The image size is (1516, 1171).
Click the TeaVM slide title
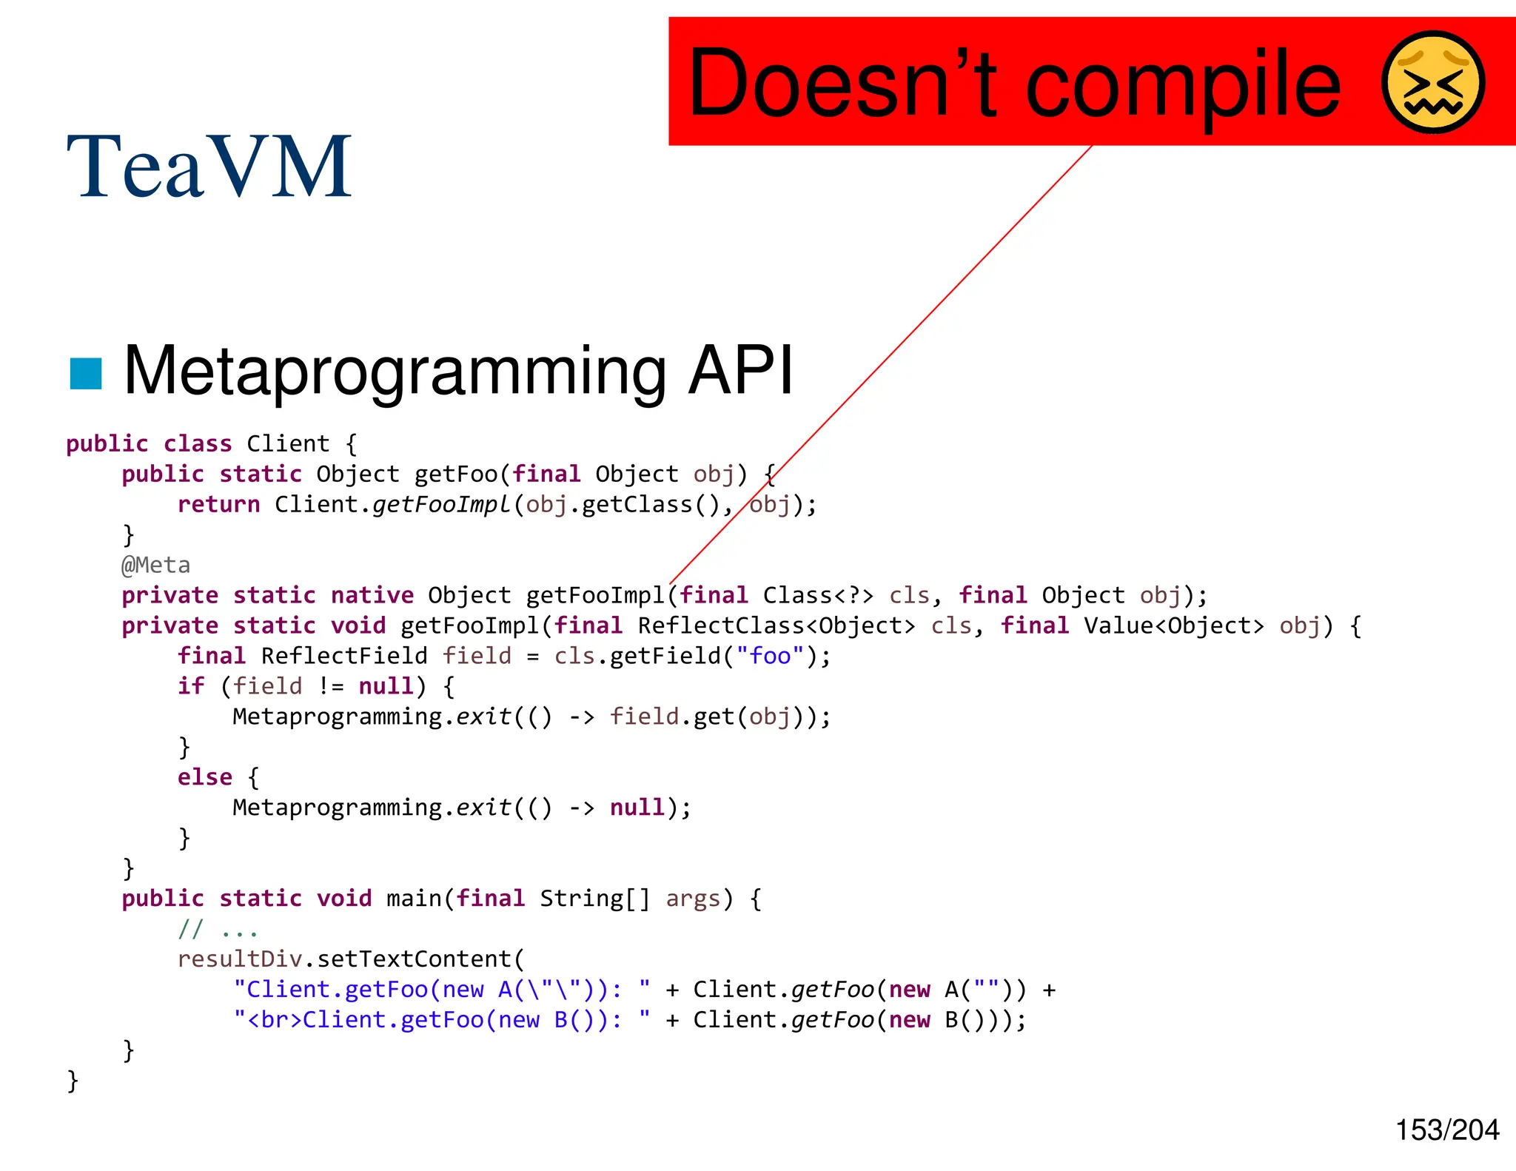pyautogui.click(x=209, y=167)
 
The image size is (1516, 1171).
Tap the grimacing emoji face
pyautogui.click(x=1433, y=82)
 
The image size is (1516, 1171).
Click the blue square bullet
pyautogui.click(x=85, y=373)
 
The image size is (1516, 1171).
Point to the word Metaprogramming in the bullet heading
pyautogui.click(x=395, y=371)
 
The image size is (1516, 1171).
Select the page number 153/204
pyautogui.click(x=1446, y=1130)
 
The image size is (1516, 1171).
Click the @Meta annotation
pyautogui.click(x=155, y=566)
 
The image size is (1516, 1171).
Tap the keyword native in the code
pyautogui.click(x=372, y=596)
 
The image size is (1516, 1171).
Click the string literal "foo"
pyautogui.click(x=770, y=656)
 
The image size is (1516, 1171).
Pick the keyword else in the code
pyautogui.click(x=204, y=777)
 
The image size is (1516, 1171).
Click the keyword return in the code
pyautogui.click(x=218, y=505)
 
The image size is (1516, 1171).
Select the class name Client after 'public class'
pyautogui.click(x=288, y=444)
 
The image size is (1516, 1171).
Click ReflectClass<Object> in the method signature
pyautogui.click(x=776, y=626)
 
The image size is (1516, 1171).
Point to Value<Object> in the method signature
pyautogui.click(x=1173, y=626)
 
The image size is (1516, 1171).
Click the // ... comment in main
pyautogui.click(x=218, y=929)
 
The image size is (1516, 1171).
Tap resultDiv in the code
pyautogui.click(x=240, y=959)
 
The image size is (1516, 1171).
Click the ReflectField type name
pyautogui.click(x=344, y=657)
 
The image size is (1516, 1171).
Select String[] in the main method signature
pyautogui.click(x=594, y=899)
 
